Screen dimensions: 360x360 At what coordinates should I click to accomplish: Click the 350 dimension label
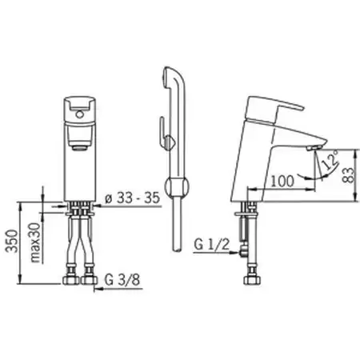[x=13, y=241]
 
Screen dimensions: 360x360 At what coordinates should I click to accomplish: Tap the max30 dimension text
[x=35, y=242]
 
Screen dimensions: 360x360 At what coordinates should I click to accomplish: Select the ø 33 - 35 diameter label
[x=132, y=198]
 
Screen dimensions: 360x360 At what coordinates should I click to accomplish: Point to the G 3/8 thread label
[x=122, y=280]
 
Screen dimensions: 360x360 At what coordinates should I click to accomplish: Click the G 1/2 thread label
[x=211, y=244]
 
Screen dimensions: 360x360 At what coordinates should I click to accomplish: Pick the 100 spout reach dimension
[x=282, y=181]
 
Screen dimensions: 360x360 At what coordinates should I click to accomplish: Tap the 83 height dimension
[x=350, y=174]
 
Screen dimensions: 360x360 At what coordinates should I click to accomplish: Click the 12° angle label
[x=330, y=161]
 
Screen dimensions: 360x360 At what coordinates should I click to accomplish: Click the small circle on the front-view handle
[x=78, y=114]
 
